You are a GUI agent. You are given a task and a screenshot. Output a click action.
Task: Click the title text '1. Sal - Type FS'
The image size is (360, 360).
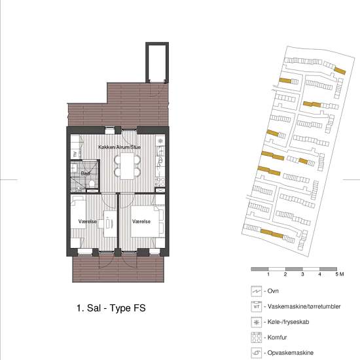(x=111, y=308)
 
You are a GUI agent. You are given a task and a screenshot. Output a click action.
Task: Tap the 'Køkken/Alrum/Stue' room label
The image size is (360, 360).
(x=119, y=147)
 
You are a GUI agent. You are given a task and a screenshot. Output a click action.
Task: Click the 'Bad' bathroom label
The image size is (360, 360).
(x=85, y=173)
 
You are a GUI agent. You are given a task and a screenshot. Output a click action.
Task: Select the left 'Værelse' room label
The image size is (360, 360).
(x=88, y=221)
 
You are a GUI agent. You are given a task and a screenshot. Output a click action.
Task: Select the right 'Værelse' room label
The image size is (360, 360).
(x=141, y=221)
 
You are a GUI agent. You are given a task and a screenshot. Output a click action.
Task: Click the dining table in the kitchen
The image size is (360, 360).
(x=127, y=166)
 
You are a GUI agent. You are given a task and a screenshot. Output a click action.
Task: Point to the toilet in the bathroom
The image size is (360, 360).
(x=92, y=184)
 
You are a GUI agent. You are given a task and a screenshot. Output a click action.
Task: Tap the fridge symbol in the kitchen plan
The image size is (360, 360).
(x=160, y=141)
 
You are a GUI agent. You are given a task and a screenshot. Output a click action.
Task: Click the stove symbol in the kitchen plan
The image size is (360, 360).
(x=160, y=182)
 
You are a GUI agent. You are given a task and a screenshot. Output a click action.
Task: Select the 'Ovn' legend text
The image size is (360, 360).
(x=273, y=291)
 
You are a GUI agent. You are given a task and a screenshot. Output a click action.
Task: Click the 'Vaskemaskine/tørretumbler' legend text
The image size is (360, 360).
(x=304, y=306)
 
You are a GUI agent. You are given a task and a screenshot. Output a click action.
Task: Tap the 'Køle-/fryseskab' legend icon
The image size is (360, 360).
(x=257, y=322)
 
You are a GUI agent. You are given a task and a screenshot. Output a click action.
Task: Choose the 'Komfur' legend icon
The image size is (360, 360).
(x=257, y=338)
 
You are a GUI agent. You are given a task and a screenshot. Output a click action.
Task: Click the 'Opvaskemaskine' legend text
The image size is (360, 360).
(x=291, y=353)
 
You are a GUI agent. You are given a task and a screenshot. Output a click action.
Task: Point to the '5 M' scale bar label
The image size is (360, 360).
(x=340, y=274)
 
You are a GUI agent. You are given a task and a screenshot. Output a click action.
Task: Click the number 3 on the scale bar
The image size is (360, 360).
(x=302, y=274)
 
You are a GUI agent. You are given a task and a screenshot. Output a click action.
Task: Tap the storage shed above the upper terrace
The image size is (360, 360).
(x=157, y=62)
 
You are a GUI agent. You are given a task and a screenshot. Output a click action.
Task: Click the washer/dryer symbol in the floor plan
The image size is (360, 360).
(x=75, y=154)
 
